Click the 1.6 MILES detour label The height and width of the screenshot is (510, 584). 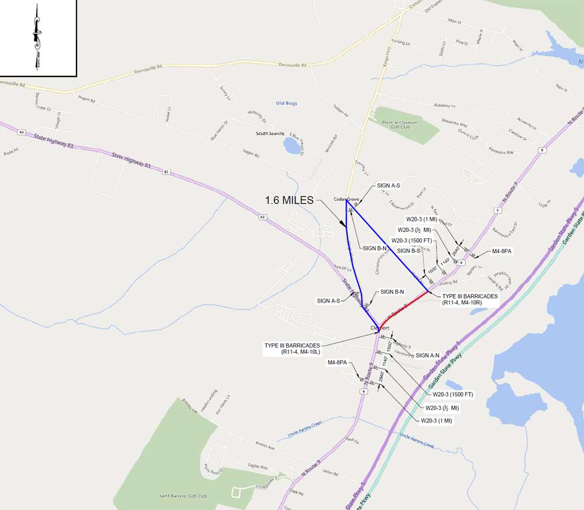point(289,200)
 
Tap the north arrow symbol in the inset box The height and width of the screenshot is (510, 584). point(37,36)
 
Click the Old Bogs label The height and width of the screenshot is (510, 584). point(286,103)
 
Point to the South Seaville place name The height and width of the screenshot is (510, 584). point(270,133)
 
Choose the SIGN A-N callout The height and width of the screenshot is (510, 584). point(427,355)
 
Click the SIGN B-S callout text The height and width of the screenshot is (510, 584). point(408,251)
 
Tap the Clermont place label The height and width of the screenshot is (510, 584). point(380,328)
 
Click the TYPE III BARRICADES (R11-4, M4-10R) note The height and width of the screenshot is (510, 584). point(470,300)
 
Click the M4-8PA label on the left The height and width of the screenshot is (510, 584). point(338,363)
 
